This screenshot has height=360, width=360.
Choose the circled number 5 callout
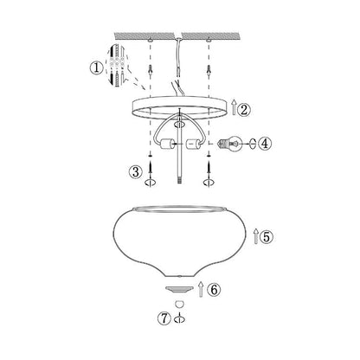pos(268,235)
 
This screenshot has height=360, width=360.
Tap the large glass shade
pos(181,247)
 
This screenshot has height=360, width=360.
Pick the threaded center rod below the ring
pos(181,164)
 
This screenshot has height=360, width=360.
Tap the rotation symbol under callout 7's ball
pos(180,318)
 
